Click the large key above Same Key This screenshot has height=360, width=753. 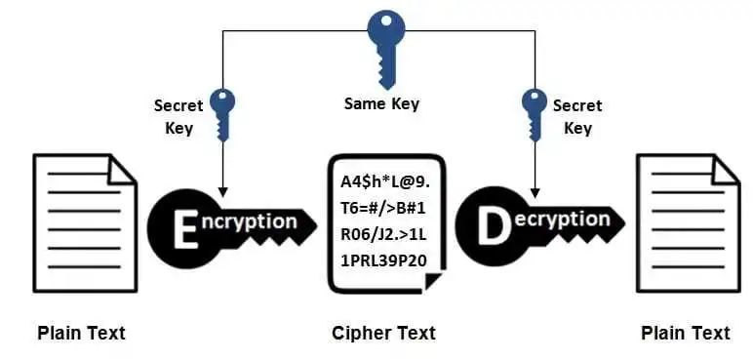point(379,44)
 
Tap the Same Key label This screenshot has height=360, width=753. point(381,103)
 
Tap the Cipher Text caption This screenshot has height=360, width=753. point(383,334)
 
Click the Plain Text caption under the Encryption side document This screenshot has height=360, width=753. point(81,334)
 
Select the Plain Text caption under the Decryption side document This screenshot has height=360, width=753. point(685,334)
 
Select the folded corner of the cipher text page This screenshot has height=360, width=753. point(435,281)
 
